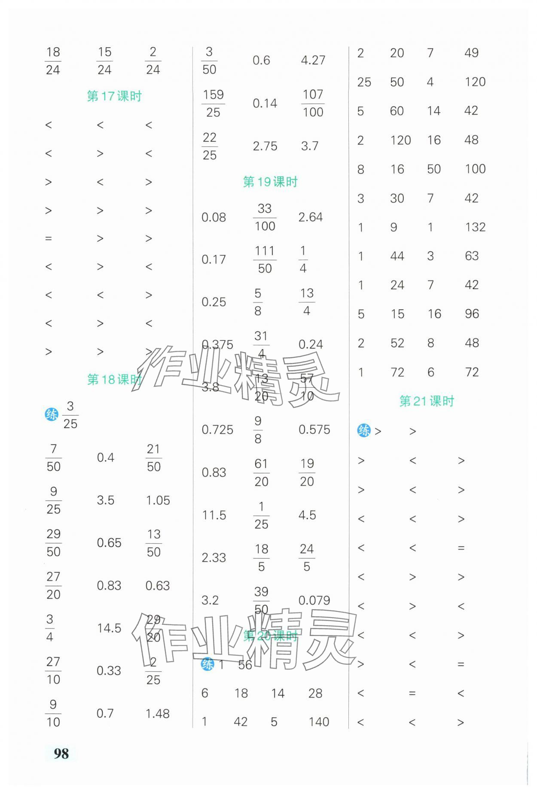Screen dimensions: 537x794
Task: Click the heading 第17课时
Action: tap(114, 96)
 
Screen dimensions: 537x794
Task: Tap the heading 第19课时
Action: tap(270, 182)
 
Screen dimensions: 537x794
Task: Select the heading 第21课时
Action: tap(426, 402)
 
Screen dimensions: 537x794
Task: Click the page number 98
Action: tap(61, 753)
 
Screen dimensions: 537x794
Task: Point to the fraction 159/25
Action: tap(213, 103)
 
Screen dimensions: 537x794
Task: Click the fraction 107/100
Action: tap(313, 103)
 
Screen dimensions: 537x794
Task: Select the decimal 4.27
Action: tap(313, 60)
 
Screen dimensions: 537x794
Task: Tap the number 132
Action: tap(475, 227)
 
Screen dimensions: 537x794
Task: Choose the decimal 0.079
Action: tap(314, 600)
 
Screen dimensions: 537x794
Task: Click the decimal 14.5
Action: tap(109, 628)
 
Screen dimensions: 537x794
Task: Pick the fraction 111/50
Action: tap(265, 260)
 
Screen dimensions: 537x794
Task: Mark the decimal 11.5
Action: tap(214, 515)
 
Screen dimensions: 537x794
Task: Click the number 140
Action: tap(319, 722)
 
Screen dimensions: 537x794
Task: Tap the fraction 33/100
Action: tap(265, 217)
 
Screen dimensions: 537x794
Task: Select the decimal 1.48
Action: tap(157, 714)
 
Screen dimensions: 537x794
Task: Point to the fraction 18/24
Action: tap(53, 61)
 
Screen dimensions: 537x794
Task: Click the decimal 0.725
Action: tap(217, 430)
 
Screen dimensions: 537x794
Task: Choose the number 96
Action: tap(472, 314)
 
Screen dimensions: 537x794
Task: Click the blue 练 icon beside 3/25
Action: tap(52, 415)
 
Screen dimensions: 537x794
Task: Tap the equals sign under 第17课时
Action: tap(49, 239)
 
